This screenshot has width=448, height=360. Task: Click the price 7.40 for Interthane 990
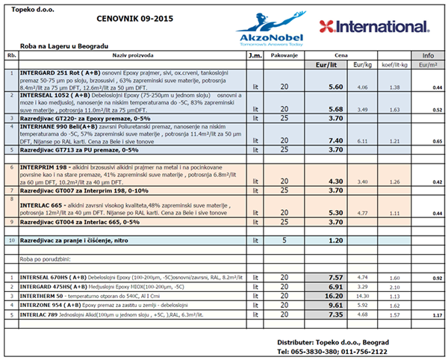335,140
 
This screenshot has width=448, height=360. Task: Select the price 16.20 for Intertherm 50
334,296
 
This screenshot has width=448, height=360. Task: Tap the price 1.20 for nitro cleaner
335,240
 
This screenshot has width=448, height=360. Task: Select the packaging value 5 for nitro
284,240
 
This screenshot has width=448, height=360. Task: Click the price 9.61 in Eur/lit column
335,305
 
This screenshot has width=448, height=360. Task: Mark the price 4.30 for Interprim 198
335,181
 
